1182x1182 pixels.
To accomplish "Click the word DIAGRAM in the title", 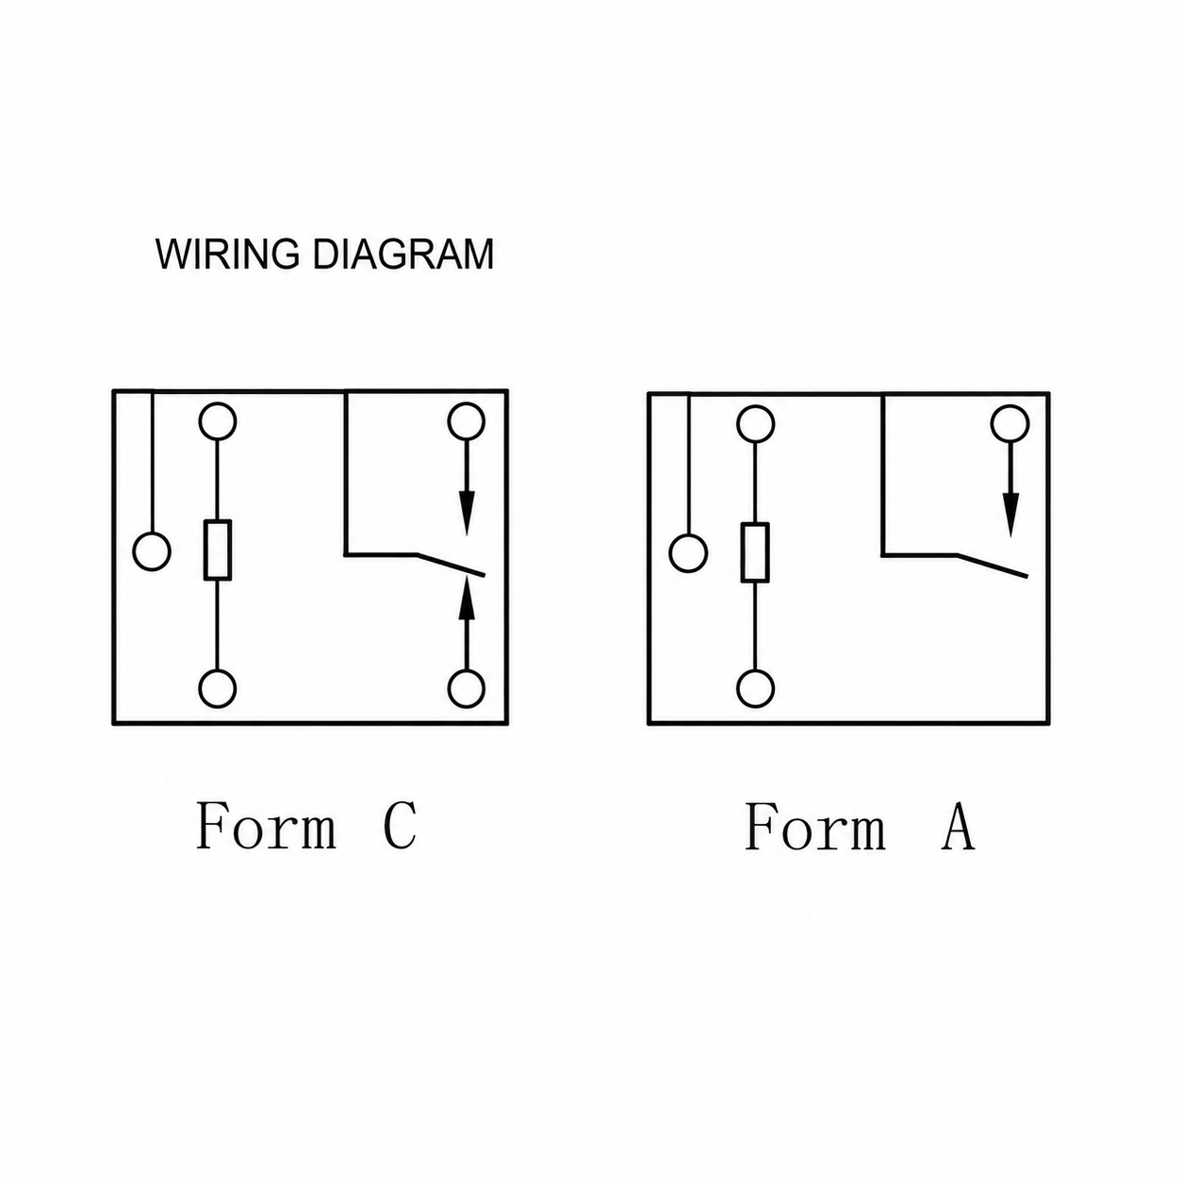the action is click(403, 254).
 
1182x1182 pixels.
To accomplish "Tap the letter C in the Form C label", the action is click(401, 825).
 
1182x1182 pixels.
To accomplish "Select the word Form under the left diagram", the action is click(266, 826).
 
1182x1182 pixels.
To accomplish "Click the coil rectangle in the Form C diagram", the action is click(218, 550).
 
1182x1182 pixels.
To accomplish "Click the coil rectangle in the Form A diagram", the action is click(755, 552).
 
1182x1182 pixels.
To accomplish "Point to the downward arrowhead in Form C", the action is click(467, 513).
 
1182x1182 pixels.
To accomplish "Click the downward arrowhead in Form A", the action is click(1010, 514).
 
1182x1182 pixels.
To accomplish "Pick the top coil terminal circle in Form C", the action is click(218, 420).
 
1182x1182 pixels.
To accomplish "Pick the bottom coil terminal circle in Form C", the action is click(218, 689).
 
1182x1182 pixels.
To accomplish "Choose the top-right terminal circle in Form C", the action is click(467, 420).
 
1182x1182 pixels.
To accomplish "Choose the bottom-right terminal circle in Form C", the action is click(467, 689).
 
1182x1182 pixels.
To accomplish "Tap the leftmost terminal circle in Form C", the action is click(152, 550).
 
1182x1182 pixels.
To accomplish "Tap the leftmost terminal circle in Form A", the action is click(689, 552).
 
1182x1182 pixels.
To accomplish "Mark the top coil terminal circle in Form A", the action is click(756, 424).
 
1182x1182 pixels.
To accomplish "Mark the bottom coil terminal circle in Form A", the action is click(756, 689).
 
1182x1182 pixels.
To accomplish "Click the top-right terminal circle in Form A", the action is click(1010, 423).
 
